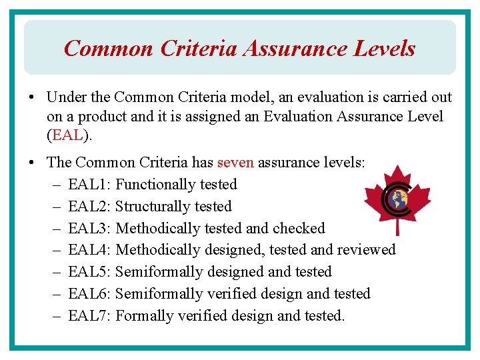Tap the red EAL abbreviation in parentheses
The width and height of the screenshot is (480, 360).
(x=67, y=136)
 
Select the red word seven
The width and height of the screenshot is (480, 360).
(x=235, y=162)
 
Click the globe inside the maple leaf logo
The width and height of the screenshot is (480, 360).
(x=401, y=201)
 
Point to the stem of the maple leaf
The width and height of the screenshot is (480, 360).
(x=398, y=227)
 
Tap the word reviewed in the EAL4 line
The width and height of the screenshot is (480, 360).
(x=366, y=250)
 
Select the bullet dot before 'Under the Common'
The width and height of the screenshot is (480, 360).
(x=32, y=97)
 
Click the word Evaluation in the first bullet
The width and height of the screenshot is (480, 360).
(x=297, y=117)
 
